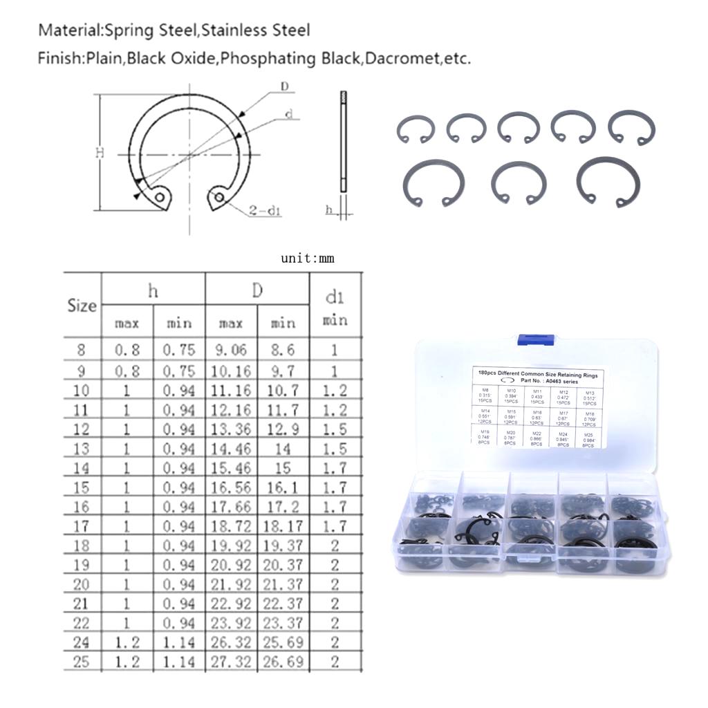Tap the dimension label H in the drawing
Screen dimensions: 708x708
[x=100, y=153]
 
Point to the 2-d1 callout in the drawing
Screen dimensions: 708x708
[x=264, y=211]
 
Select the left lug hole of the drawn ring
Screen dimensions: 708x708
[x=160, y=198]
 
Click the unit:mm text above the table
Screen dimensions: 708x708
[x=307, y=259]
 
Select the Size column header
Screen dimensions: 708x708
[x=82, y=305]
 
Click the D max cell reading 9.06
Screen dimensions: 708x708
[x=231, y=350]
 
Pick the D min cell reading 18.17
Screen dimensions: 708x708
[x=283, y=526]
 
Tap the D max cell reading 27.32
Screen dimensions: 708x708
[x=231, y=662]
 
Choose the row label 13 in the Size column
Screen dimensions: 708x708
[x=82, y=449]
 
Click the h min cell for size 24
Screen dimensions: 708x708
[x=179, y=642]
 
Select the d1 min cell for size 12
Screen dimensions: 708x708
[x=335, y=429]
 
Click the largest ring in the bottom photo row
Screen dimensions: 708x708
[x=608, y=181]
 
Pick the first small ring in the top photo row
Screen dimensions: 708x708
[x=416, y=129]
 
